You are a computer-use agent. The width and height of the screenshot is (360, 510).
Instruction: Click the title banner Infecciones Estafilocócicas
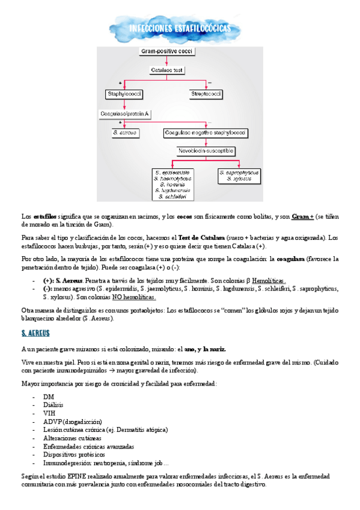179,29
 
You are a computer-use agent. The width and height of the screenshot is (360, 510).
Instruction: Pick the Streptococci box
207,94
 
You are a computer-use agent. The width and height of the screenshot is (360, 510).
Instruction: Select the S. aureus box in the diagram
125,132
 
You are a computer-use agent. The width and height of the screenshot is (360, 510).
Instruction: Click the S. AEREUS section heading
35,333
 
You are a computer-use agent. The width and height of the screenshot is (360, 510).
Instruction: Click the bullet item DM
48,398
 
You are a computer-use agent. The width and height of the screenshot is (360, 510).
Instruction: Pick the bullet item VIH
49,414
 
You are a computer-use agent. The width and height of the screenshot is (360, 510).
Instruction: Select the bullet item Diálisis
53,405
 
